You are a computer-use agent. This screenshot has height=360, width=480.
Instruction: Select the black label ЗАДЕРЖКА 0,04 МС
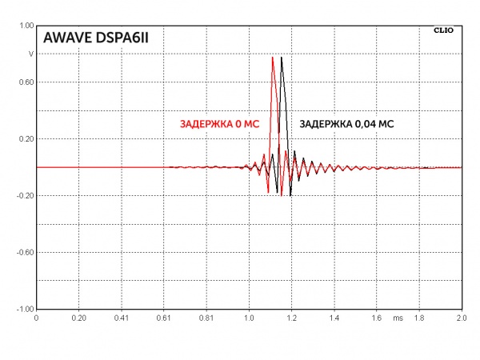click(x=346, y=124)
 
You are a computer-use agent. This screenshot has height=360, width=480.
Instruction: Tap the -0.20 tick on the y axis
click(x=25, y=195)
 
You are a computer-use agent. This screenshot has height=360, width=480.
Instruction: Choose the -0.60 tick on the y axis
click(x=25, y=252)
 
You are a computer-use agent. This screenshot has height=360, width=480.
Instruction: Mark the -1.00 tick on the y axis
click(x=25, y=309)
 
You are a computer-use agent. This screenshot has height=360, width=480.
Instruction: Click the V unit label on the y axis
click(x=31, y=54)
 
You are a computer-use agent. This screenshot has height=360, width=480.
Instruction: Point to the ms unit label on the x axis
click(x=398, y=318)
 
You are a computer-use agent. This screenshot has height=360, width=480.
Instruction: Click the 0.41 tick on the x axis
click(x=121, y=318)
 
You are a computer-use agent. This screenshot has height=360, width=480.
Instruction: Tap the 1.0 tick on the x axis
click(x=249, y=318)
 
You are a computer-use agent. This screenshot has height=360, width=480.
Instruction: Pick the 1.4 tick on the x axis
click(x=334, y=318)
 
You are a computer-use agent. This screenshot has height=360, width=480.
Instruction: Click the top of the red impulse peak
click(x=273, y=57)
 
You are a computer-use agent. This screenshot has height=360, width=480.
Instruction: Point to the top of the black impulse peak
click(x=282, y=57)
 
